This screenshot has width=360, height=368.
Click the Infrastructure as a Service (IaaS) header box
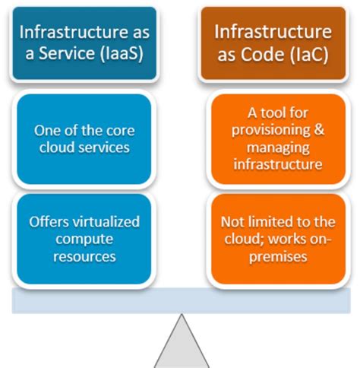coord(84,44)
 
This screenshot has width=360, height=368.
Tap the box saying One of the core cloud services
coord(84,139)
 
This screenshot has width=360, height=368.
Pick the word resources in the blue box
coord(84,257)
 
